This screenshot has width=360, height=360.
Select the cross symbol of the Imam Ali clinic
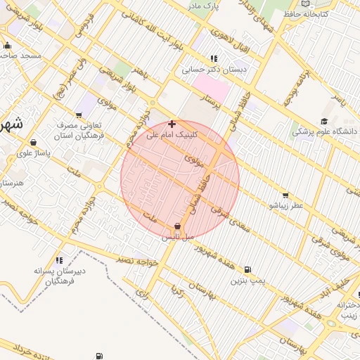172,124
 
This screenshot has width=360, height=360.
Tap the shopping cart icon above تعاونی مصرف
79,115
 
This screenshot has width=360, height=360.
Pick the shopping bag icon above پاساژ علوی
33,143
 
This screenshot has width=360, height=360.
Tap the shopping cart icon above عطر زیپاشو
285,195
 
